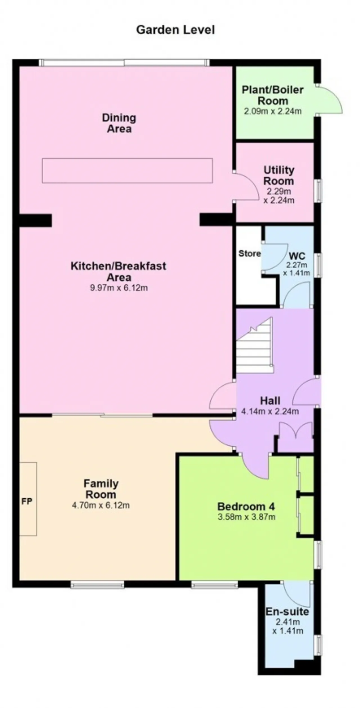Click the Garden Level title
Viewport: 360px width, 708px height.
click(175, 30)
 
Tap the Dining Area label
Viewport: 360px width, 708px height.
click(119, 123)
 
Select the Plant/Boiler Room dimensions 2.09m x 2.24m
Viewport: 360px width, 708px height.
click(273, 111)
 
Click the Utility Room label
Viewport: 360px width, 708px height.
click(279, 176)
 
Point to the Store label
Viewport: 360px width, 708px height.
click(249, 254)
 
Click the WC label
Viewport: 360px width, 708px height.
click(297, 256)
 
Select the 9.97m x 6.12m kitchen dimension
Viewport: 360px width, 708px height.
click(119, 288)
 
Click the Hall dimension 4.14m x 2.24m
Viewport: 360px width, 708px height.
click(270, 411)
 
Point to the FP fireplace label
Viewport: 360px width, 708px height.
click(27, 501)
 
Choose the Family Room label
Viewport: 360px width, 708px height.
click(101, 489)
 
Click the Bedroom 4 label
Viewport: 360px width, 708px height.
click(246, 507)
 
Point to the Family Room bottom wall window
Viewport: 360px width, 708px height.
click(97, 585)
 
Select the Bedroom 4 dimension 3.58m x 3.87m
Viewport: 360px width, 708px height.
click(246, 517)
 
